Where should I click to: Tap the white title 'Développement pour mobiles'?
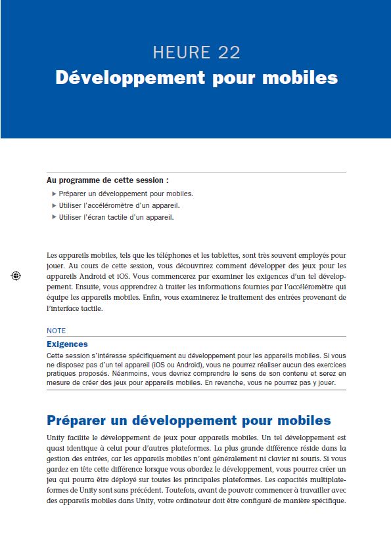coord(196,77)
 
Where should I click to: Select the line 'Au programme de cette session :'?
coord(108,180)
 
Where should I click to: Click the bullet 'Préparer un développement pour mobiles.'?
coord(126,194)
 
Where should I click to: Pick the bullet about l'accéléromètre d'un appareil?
coord(119,205)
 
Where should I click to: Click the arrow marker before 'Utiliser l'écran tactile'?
coord(54,217)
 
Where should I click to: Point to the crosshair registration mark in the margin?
coord(16,276)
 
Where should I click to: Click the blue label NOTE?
coord(57,331)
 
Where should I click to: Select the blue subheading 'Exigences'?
coord(67,344)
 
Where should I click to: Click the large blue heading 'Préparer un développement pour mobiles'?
coord(189,420)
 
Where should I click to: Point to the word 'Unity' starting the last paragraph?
coord(55,436)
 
